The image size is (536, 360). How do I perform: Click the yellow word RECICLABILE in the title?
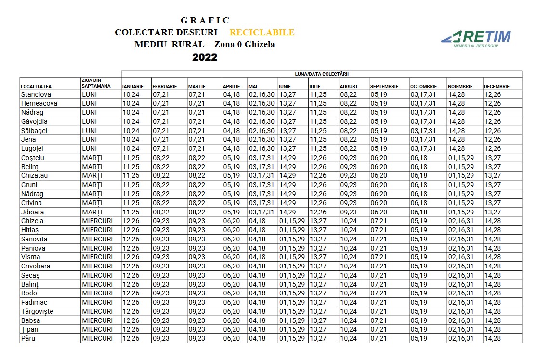pos(261,33)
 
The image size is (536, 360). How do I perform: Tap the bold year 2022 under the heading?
pos(205,57)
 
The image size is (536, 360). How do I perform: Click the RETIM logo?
pos(476,38)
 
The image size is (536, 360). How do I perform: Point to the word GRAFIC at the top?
pos(205,20)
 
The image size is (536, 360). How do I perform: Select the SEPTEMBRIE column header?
pos(384,87)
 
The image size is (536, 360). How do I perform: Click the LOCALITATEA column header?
pos(36,87)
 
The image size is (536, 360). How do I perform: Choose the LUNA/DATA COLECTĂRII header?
pos(321,74)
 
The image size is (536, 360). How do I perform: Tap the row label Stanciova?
pos(36,94)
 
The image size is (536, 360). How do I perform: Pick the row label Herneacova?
pos(39,104)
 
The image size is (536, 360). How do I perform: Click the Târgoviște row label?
pos(37,311)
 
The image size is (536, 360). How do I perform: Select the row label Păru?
pos(29,339)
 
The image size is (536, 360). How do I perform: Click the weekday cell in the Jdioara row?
pos(92,212)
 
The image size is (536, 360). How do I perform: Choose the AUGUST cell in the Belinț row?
pos(348,167)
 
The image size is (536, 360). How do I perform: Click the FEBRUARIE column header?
pos(165,87)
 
